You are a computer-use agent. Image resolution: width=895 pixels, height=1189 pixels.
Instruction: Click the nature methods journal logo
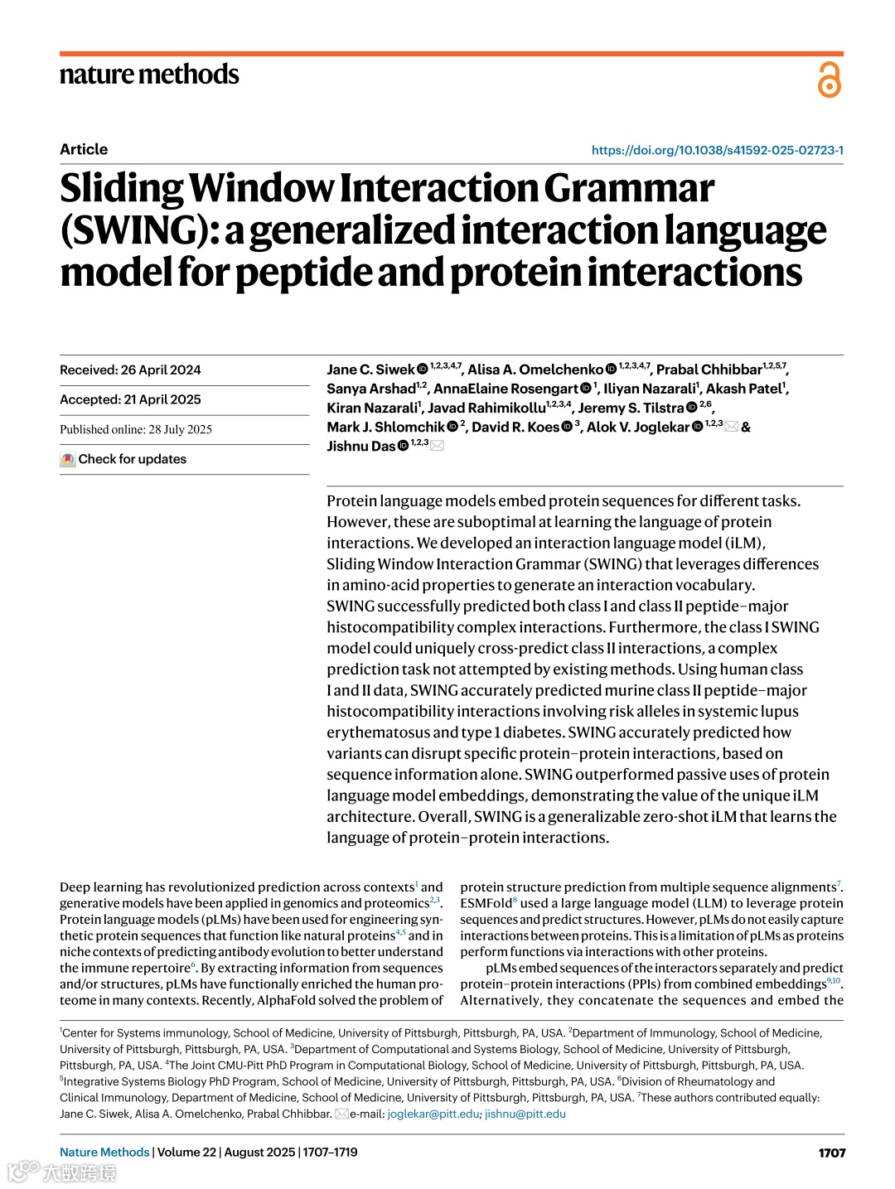tap(149, 75)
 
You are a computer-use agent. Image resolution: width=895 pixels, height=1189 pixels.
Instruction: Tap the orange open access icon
tap(829, 80)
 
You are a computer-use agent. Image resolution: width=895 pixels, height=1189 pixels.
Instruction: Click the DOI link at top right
tap(717, 150)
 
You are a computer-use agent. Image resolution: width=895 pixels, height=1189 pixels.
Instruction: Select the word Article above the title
tap(84, 149)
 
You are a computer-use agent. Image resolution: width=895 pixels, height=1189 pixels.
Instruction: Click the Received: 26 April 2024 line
tap(130, 370)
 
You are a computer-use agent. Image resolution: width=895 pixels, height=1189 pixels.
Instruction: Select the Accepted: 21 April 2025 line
tap(130, 399)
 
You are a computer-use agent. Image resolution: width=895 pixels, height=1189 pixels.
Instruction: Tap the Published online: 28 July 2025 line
tap(136, 429)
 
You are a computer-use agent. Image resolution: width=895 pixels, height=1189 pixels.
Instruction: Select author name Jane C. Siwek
tap(370, 370)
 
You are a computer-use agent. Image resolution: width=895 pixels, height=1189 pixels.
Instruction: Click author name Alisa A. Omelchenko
tap(535, 370)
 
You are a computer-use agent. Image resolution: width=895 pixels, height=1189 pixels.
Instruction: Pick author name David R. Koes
tap(515, 428)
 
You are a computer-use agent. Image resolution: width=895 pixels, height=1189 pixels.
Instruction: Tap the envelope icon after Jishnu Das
tap(438, 446)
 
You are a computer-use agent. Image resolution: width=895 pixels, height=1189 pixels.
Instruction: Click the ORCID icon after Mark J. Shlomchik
tap(452, 427)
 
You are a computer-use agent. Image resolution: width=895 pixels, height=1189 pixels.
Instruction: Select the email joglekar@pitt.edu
tap(433, 1114)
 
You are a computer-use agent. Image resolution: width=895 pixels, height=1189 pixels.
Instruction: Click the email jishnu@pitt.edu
tap(525, 1114)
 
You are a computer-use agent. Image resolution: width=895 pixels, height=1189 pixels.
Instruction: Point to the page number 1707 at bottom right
tap(831, 1153)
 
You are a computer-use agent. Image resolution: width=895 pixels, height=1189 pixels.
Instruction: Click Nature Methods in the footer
tap(104, 1153)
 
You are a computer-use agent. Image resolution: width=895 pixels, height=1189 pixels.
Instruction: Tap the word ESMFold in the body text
tap(486, 903)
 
